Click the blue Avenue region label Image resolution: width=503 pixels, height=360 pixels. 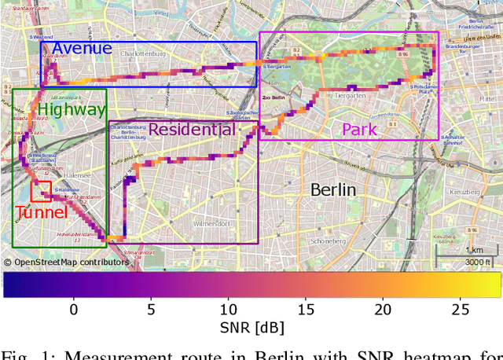point(82,49)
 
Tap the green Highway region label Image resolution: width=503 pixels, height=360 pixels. point(72,111)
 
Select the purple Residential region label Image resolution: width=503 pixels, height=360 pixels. point(191,129)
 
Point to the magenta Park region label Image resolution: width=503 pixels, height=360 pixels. point(358,129)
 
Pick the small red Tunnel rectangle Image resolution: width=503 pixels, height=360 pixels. point(41,191)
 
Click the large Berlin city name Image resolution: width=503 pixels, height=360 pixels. point(332,189)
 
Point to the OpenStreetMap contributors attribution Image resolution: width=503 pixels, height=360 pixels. point(66,262)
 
